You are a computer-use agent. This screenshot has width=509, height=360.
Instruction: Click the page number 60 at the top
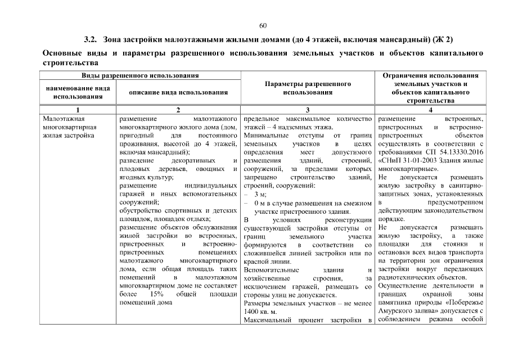point(263,26)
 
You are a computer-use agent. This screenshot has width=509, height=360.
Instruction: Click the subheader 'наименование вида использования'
point(78,92)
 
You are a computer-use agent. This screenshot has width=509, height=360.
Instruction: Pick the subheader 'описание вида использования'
point(178,92)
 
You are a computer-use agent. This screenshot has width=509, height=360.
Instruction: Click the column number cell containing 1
point(78,110)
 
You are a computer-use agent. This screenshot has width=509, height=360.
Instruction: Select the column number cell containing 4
point(430,110)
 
